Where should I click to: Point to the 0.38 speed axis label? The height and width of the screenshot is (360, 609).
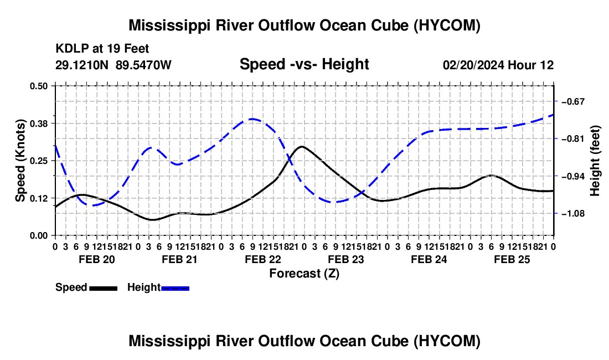tap(38, 124)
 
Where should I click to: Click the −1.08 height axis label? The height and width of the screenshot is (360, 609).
tap(573, 214)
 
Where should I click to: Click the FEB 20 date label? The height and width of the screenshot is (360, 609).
tap(97, 259)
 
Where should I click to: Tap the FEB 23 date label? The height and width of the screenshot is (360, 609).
tap(345, 259)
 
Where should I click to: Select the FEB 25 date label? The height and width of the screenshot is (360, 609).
tap(512, 259)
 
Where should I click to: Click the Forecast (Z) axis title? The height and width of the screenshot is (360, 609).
tap(304, 274)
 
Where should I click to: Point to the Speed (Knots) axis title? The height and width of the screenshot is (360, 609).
tap(20, 161)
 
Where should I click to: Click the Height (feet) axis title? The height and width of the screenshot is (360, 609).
tap(595, 161)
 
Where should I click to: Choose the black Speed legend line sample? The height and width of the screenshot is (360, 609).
tap(104, 288)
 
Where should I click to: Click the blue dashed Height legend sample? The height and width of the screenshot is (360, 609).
tap(175, 288)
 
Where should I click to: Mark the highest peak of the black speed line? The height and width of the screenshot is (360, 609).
tap(302, 146)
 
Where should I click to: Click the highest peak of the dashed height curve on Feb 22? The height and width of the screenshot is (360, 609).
tap(252, 119)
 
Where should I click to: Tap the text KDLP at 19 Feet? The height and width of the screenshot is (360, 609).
tap(102, 49)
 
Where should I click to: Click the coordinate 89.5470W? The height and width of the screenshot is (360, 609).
tap(143, 65)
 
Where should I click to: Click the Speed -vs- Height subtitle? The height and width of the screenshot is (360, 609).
tap(304, 64)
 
